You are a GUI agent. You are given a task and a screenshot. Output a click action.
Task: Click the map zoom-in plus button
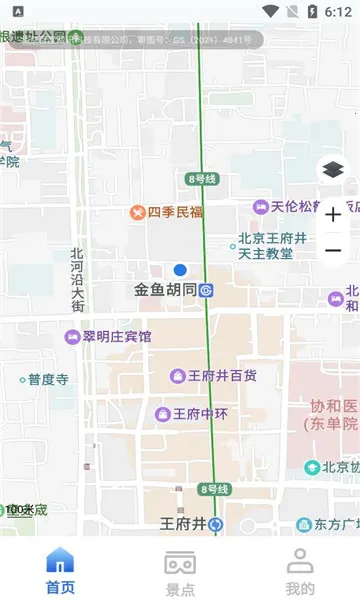click(333, 214)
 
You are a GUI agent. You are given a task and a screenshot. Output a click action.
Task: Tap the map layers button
click(333, 170)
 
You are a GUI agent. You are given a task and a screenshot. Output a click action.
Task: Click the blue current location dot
click(180, 270)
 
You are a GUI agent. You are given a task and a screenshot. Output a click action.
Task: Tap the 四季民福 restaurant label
click(175, 212)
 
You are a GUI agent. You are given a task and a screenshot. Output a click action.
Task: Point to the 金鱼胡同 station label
click(166, 291)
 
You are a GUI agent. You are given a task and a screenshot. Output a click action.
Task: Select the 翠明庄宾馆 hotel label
click(117, 337)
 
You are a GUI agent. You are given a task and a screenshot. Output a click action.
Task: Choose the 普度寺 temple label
click(48, 380)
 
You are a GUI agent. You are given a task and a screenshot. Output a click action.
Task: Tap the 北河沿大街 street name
click(77, 279)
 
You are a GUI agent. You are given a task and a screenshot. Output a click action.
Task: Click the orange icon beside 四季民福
click(138, 212)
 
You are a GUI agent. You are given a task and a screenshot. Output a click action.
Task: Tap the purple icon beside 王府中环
click(162, 413)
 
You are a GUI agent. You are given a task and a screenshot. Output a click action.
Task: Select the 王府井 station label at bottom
click(183, 523)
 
